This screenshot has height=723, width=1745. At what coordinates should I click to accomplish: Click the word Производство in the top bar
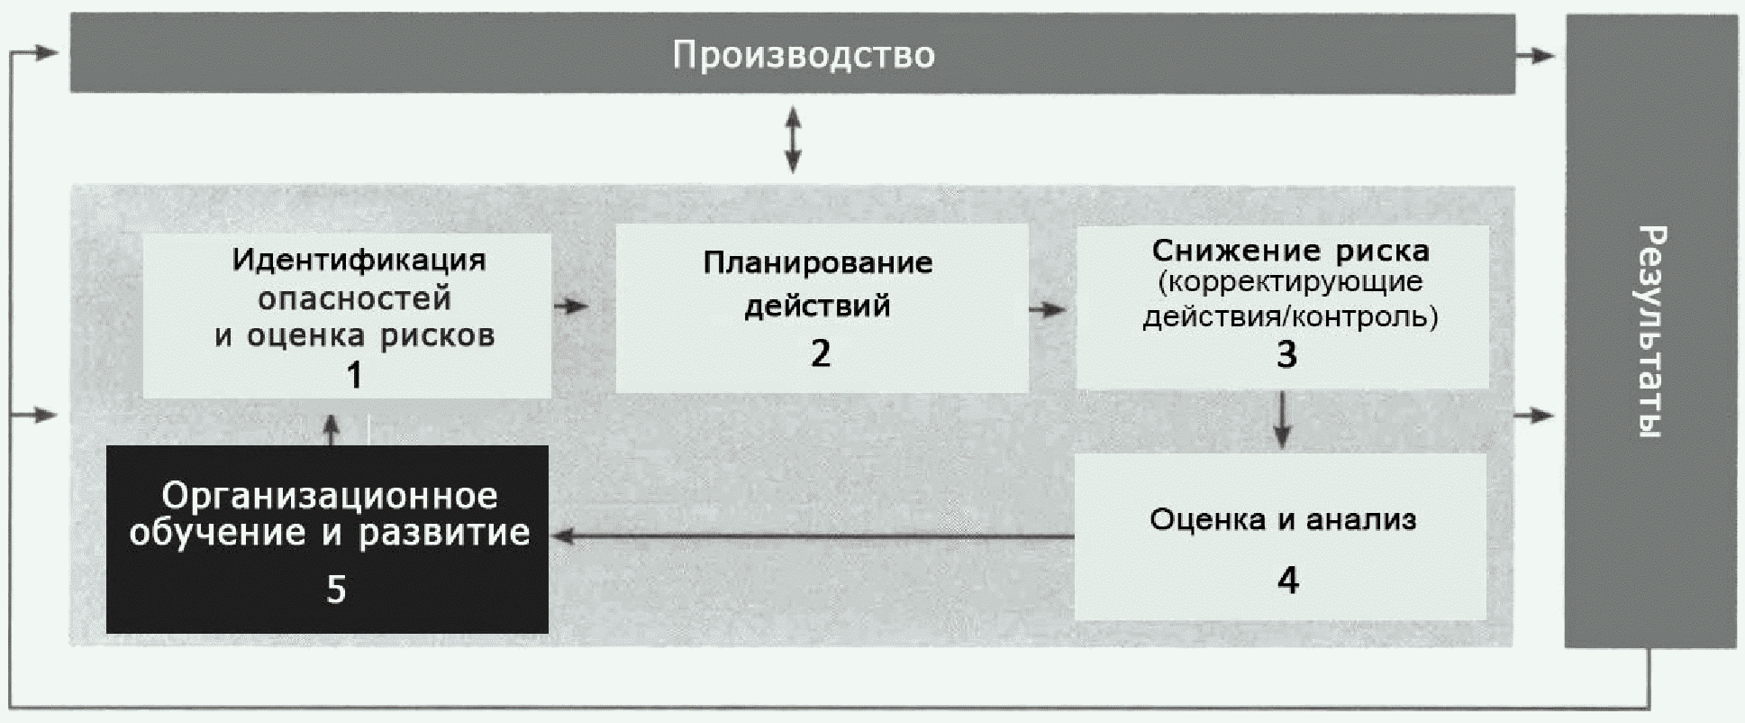pyautogui.click(x=803, y=55)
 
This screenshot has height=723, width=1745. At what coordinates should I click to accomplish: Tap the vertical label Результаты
pyautogui.click(x=1650, y=331)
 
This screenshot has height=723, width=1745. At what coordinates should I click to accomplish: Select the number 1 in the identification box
pyautogui.click(x=354, y=375)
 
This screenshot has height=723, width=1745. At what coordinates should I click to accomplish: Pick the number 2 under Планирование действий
pyautogui.click(x=820, y=353)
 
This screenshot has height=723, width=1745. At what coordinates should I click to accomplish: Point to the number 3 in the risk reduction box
pyautogui.click(x=1286, y=354)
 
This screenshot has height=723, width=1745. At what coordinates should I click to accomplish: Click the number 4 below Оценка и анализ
pyautogui.click(x=1287, y=580)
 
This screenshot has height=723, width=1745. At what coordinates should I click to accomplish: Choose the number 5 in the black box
pyautogui.click(x=335, y=589)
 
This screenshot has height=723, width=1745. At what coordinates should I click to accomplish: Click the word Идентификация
pyautogui.click(x=359, y=261)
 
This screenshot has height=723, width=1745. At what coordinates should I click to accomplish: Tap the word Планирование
pyautogui.click(x=817, y=263)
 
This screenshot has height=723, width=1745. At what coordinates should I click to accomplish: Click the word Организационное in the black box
pyautogui.click(x=329, y=495)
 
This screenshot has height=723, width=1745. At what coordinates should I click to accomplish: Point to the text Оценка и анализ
pyautogui.click(x=1283, y=519)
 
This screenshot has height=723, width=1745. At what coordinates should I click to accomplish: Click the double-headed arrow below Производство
pyautogui.click(x=793, y=139)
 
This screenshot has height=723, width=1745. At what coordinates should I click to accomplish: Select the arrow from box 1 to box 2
pyautogui.click(x=571, y=307)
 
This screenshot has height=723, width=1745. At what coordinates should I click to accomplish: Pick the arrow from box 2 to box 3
pyautogui.click(x=1047, y=310)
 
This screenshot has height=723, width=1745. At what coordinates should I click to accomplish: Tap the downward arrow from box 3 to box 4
pyautogui.click(x=1283, y=419)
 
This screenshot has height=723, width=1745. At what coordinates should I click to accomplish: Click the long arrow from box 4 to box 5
pyautogui.click(x=811, y=537)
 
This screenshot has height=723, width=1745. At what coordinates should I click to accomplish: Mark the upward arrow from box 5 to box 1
pyautogui.click(x=332, y=430)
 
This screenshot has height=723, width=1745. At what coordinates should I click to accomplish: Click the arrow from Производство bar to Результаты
pyautogui.click(x=1535, y=56)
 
